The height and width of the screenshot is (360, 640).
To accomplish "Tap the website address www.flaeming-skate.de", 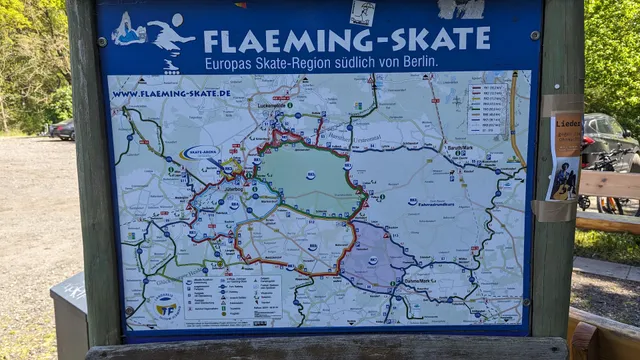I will (x=171, y=94).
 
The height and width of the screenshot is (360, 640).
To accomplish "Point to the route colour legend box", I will (x=487, y=107).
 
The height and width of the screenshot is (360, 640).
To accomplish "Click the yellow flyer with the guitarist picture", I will (x=565, y=156).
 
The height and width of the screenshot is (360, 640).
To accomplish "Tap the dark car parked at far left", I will (x=62, y=130).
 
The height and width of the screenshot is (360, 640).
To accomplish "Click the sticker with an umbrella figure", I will (x=129, y=29).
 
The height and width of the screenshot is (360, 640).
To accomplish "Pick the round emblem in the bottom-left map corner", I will (x=167, y=305).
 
